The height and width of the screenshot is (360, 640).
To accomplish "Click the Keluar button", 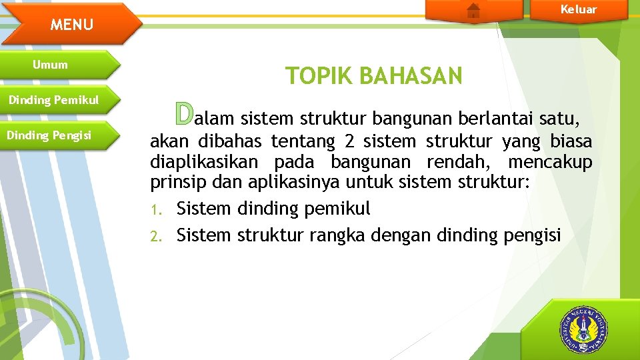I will tap(578, 9).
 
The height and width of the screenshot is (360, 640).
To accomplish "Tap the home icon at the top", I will tap(473, 10).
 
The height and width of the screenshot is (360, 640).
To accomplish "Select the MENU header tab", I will tap(72, 25).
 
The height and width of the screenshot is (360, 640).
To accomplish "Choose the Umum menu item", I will tap(51, 65).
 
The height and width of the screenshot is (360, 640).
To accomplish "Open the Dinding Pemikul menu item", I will tap(53, 100).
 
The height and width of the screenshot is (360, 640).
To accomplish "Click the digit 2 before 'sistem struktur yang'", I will tap(350, 141).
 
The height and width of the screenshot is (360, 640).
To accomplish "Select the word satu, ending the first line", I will tap(559, 119).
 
